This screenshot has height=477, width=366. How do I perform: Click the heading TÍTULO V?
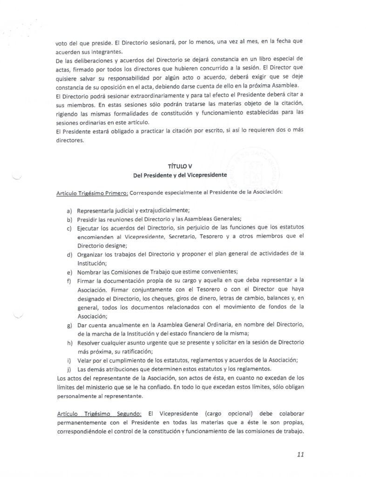pos(179,167)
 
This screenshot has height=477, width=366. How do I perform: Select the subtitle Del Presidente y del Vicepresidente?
pos(179,175)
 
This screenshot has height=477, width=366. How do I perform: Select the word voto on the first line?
pos(61,41)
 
